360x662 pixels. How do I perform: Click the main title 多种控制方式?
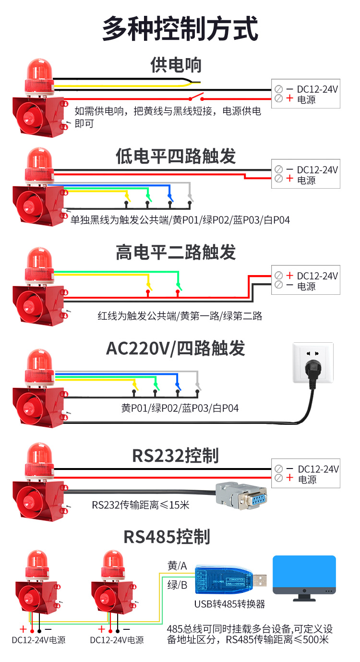point(180,28)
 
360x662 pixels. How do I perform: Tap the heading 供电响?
point(176,65)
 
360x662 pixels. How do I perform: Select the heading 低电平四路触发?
point(176,156)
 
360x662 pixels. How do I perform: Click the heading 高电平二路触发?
point(176,252)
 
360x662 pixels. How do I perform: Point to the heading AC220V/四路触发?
point(176,349)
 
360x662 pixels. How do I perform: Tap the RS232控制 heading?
point(176,456)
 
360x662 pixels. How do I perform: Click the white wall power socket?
point(313,362)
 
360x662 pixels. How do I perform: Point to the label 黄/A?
point(177,566)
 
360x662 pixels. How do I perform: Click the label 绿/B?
point(177,585)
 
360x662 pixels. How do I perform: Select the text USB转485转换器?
point(229,604)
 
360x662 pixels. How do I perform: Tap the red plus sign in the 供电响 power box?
point(289,99)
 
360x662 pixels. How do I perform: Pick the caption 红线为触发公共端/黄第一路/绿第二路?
point(180,316)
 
